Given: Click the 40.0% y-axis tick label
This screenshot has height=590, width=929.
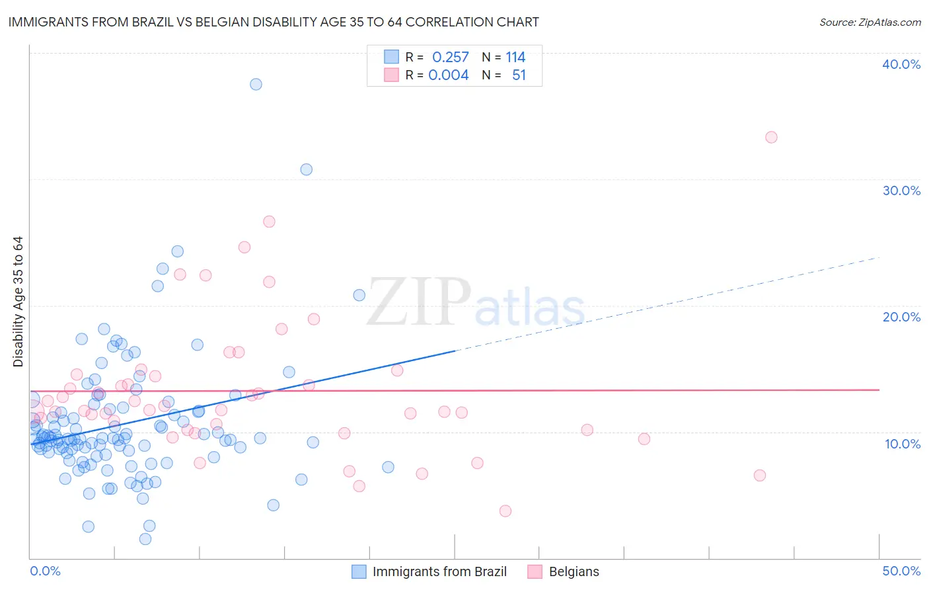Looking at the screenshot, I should click(901, 64).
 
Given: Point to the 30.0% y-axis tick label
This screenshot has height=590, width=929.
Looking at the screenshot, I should click(901, 190).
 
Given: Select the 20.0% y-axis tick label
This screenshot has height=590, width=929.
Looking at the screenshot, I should click(901, 317).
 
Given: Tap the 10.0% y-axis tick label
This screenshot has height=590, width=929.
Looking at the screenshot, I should click(903, 444).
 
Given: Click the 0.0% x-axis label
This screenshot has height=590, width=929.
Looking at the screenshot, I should click(45, 571).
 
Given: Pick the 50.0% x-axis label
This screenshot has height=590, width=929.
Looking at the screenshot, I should click(901, 571).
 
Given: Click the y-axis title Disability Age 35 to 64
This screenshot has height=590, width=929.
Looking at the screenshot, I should click(18, 302).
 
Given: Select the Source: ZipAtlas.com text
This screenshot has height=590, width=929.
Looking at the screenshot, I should click(870, 22).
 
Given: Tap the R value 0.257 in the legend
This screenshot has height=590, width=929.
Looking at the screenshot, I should click(450, 57).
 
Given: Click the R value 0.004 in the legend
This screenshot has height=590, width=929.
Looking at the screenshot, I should click(448, 75).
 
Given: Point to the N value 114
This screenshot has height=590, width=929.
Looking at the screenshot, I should click(515, 57).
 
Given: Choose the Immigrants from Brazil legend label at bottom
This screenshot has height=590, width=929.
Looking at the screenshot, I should click(439, 571).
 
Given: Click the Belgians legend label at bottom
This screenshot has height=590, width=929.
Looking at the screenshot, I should click(574, 571).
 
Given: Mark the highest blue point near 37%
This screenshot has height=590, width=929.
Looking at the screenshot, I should click(256, 84).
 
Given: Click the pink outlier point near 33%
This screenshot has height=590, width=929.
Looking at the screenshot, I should click(771, 137).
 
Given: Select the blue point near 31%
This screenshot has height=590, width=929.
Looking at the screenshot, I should click(306, 169).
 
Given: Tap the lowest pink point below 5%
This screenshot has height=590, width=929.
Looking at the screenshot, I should click(505, 511).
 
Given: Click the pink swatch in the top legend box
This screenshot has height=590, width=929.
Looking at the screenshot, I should click(392, 75).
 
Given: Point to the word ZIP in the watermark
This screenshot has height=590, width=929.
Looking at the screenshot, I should click(419, 302).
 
